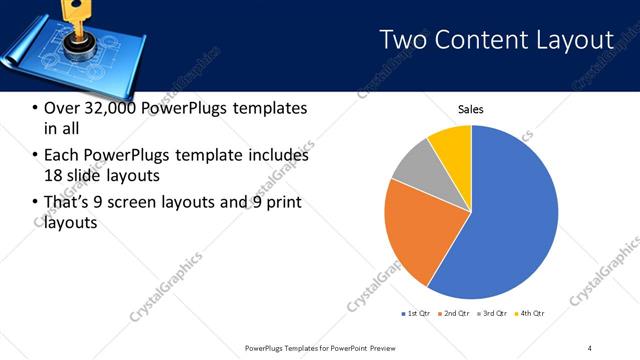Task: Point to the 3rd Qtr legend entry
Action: (491, 314)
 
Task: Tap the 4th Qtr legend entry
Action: (529, 314)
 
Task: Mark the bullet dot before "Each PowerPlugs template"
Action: (35, 156)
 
